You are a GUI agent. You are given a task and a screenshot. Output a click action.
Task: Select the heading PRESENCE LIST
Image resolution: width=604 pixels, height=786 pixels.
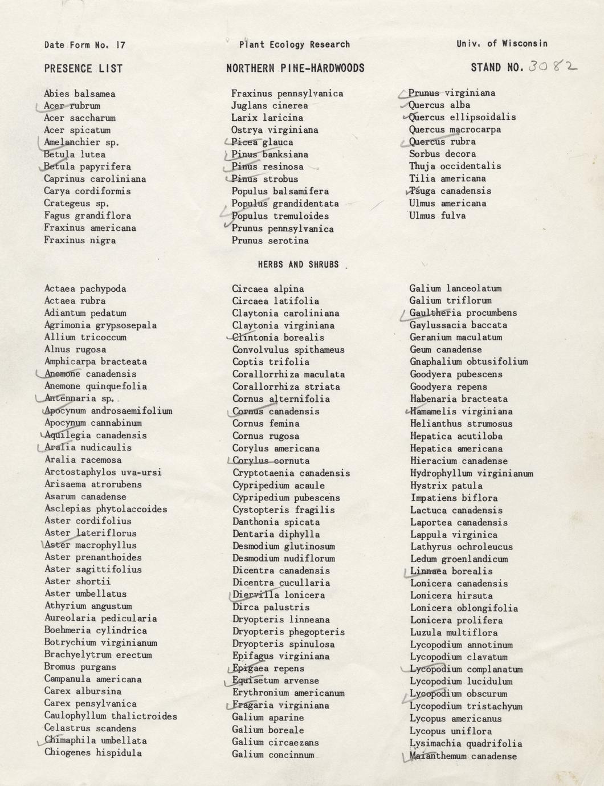coord(83,68)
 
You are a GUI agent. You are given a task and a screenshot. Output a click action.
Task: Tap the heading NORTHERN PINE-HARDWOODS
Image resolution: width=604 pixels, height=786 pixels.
coord(295,68)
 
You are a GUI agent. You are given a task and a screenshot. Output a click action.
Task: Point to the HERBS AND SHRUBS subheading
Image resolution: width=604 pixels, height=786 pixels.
coord(298,264)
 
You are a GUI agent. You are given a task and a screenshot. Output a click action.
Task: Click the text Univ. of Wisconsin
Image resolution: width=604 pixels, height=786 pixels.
coord(501,43)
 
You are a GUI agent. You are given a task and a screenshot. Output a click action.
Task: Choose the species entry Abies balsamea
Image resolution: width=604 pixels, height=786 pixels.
coord(80,93)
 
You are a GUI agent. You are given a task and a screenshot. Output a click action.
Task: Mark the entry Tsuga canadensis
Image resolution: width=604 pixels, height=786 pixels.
coord(450,191)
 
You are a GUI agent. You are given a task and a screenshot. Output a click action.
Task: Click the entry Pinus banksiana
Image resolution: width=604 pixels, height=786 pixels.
coord(270,154)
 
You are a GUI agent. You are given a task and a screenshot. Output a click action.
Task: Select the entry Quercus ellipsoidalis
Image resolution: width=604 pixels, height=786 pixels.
coord(462,117)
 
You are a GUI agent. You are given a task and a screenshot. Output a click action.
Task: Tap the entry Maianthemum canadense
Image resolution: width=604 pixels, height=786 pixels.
coord(463,756)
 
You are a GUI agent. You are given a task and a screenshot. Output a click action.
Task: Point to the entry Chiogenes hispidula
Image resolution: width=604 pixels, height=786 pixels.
coord(93,752)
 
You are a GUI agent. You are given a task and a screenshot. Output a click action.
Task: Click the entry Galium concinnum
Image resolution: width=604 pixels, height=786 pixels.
coord(273,755)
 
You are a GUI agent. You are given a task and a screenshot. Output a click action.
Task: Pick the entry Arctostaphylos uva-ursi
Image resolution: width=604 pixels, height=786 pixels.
coord(103,472)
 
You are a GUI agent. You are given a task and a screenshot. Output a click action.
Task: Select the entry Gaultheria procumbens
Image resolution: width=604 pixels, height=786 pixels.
coord(463,313)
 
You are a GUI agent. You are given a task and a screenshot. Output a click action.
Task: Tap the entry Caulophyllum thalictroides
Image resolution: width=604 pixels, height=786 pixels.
coord(111,716)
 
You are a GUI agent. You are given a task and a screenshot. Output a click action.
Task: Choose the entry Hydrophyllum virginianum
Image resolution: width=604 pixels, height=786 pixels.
coord(471,473)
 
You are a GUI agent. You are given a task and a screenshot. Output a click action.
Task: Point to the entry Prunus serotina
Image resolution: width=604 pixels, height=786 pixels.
coord(270,241)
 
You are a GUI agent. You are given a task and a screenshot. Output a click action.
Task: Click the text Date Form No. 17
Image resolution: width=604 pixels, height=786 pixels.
coord(84,44)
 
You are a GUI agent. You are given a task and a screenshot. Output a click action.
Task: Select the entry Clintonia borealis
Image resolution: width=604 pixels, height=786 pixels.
coord(271,337)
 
